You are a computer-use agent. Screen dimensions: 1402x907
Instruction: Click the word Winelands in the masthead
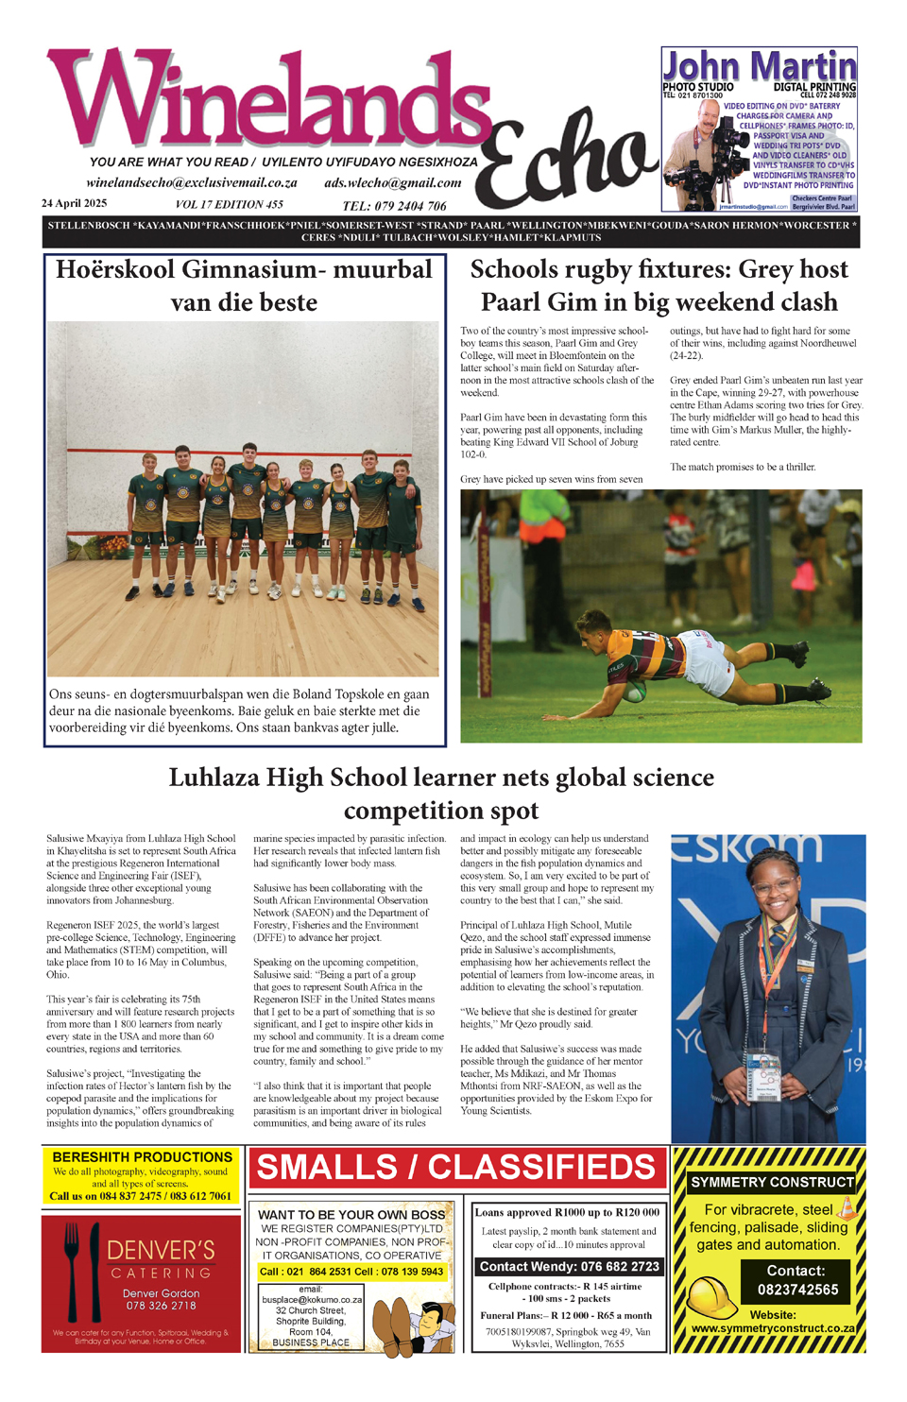(269, 104)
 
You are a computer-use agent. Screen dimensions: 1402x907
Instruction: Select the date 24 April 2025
(74, 204)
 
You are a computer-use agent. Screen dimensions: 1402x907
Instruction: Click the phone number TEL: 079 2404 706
(394, 206)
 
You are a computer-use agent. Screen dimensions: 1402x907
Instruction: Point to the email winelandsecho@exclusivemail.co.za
(192, 183)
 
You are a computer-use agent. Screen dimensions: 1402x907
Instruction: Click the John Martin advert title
(759, 67)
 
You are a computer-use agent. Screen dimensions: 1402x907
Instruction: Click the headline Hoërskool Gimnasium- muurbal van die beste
(244, 285)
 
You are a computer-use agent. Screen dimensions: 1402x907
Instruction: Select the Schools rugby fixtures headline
(659, 285)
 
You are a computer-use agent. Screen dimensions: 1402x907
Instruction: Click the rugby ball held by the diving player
(634, 692)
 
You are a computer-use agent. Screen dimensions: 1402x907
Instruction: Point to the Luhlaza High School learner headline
(441, 794)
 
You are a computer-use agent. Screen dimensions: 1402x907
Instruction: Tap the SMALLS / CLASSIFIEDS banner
(456, 1168)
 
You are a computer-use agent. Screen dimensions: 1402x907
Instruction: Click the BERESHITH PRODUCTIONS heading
(142, 1157)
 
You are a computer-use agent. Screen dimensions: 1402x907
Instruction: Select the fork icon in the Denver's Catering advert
(72, 1266)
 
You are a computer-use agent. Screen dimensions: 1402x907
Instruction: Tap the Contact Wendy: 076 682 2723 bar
(569, 1267)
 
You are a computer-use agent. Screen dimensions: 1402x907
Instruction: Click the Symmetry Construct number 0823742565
(797, 1290)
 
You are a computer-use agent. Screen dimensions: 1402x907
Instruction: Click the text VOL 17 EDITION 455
(229, 205)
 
